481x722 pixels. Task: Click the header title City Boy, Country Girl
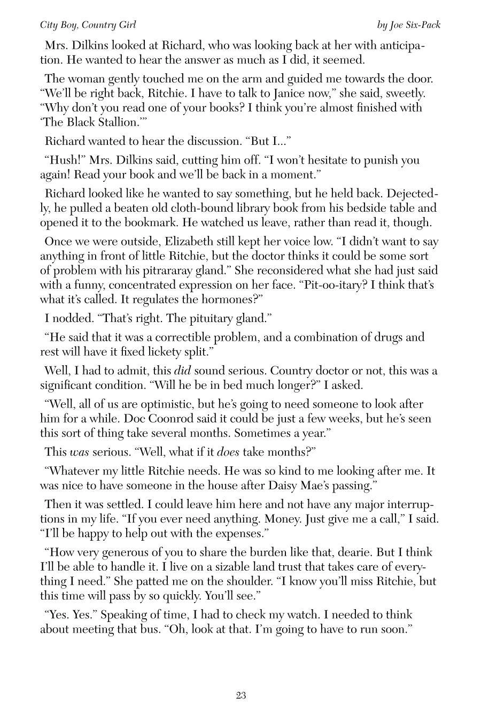click(88, 25)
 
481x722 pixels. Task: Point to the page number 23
click(241, 696)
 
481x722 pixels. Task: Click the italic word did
click(183, 371)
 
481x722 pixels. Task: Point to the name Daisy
click(267, 486)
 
